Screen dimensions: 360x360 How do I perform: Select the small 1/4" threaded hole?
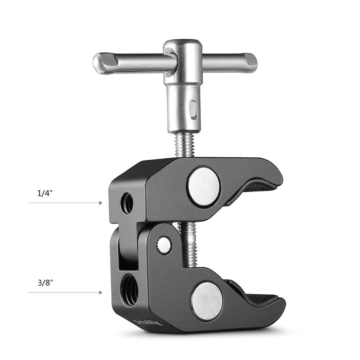127,203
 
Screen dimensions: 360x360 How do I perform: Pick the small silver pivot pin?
164,245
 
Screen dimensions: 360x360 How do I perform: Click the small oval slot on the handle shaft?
193,109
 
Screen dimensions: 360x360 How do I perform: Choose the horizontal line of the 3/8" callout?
63,292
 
